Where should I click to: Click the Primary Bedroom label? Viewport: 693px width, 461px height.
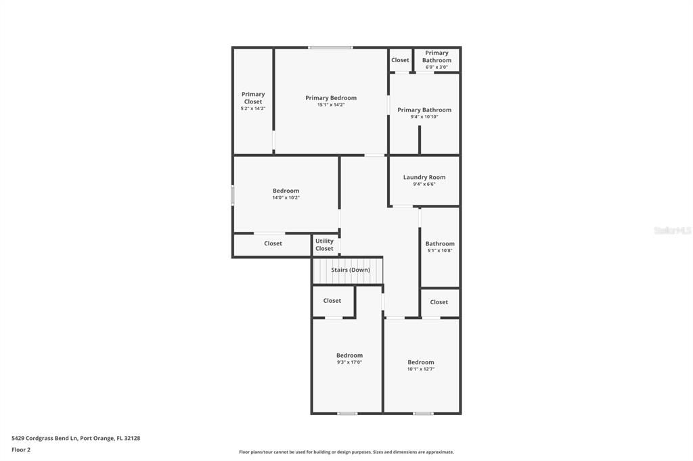[x=330, y=98]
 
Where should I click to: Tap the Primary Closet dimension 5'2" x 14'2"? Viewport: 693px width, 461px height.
[x=253, y=109]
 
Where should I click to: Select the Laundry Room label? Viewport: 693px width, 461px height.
[x=424, y=177]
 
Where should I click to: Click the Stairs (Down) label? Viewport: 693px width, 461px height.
[x=350, y=270]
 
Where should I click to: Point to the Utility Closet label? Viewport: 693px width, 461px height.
[x=324, y=245]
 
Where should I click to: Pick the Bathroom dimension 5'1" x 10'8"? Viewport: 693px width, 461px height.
[x=440, y=251]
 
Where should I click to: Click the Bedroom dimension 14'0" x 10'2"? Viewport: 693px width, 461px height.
[x=286, y=198]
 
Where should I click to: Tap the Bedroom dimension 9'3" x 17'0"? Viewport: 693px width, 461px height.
[x=349, y=362]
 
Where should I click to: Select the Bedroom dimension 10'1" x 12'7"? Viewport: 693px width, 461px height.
[x=421, y=369]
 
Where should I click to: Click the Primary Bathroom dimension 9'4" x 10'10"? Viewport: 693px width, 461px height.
[x=424, y=117]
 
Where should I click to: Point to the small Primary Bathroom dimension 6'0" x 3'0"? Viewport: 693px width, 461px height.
[x=437, y=67]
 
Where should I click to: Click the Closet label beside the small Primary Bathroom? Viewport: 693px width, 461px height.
[x=400, y=60]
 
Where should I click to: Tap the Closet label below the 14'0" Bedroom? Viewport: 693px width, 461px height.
[x=273, y=243]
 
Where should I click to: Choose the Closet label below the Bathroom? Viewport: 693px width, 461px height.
[x=439, y=302]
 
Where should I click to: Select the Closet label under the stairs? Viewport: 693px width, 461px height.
[x=332, y=301]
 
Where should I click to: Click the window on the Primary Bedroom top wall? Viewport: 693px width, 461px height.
[x=330, y=47]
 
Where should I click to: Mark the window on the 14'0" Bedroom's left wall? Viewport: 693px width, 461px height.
[x=233, y=195]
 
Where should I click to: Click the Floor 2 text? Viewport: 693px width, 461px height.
[x=21, y=450]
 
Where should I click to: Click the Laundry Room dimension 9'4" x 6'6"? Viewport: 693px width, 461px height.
[x=424, y=184]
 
